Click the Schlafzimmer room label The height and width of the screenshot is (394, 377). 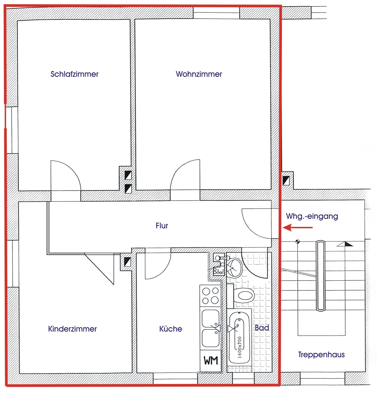75,74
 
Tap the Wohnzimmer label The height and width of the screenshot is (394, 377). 199,74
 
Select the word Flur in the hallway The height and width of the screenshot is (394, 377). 162,226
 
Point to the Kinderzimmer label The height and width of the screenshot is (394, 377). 73,329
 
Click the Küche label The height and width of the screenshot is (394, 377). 170,329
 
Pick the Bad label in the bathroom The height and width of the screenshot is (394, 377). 262,328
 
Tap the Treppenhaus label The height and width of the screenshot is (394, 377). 321,355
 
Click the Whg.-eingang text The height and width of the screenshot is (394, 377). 312,216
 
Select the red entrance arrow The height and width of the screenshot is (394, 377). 298,227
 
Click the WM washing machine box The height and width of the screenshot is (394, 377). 211,361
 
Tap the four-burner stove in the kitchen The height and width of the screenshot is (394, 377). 210,296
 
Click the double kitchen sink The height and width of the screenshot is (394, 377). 211,328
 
